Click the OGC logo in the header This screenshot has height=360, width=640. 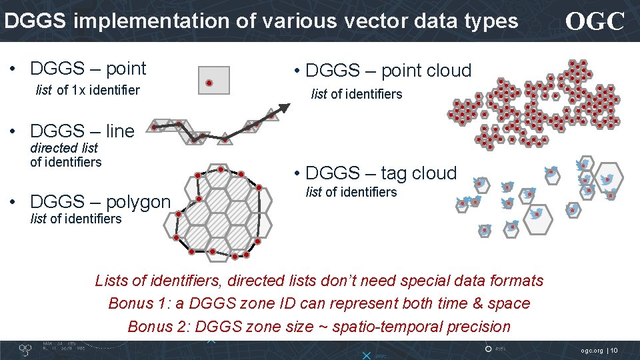pyautogui.click(x=595, y=22)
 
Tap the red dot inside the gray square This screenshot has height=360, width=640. pyautogui.click(x=209, y=83)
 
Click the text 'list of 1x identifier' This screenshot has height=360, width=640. pyautogui.click(x=87, y=90)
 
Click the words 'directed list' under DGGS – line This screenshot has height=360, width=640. pyautogui.click(x=64, y=148)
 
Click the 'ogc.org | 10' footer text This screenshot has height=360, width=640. pyautogui.click(x=599, y=350)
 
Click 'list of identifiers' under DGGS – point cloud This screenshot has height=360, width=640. pyautogui.click(x=357, y=94)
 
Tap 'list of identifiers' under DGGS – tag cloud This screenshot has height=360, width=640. pyautogui.click(x=351, y=193)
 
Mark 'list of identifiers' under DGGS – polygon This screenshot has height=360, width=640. pyautogui.click(x=76, y=219)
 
